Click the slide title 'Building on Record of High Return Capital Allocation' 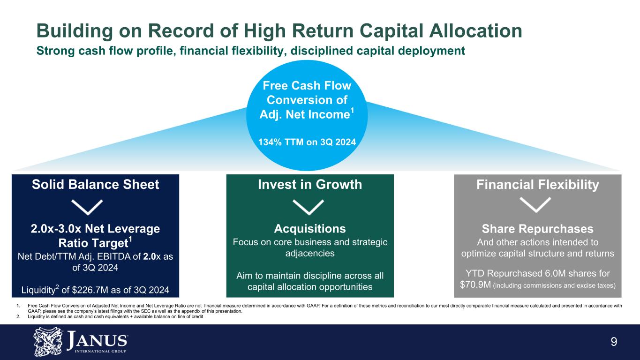click(279, 31)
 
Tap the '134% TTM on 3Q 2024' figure click(307, 142)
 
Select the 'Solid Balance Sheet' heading click(96, 185)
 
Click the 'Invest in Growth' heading click(310, 185)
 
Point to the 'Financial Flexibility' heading click(538, 185)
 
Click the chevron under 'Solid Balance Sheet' click(87, 207)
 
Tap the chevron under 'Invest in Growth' click(309, 207)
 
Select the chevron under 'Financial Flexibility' click(535, 205)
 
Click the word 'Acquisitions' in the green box click(310, 229)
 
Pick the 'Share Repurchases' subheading click(538, 229)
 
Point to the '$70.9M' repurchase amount click(475, 285)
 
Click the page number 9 click(614, 342)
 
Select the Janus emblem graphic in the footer click(48, 342)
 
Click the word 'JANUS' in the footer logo click(98, 340)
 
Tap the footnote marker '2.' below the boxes click(18, 316)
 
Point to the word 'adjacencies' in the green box click(310, 254)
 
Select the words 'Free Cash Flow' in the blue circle click(307, 86)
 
